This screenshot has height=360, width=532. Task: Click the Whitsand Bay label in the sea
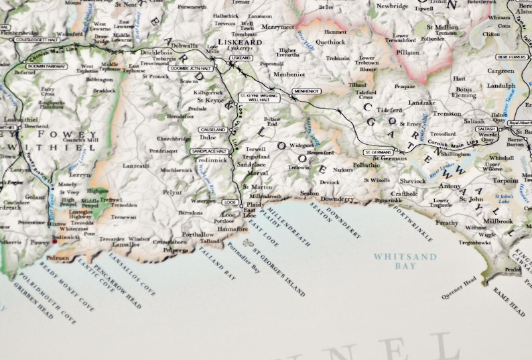(405, 261)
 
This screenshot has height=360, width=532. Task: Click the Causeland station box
(213, 129)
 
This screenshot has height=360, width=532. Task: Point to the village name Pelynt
(172, 192)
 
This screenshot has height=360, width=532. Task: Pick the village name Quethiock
(331, 42)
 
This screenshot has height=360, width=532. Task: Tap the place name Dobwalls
(185, 46)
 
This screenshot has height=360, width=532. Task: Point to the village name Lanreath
(136, 166)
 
